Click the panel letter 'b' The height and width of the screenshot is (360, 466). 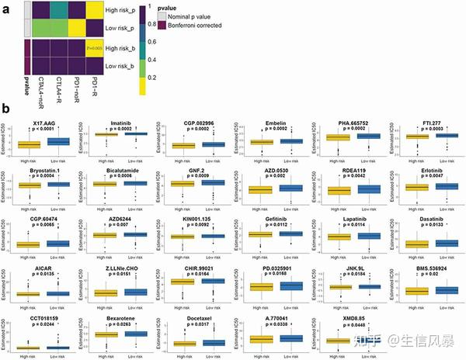click(x=7, y=112)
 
